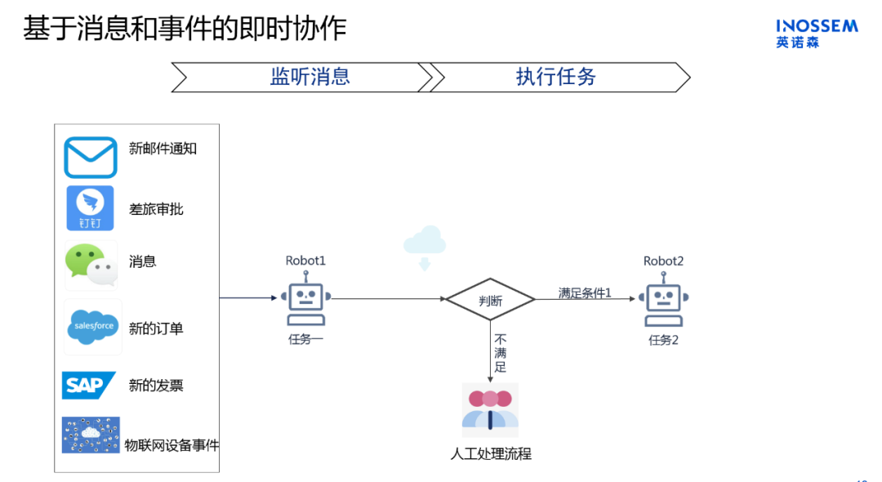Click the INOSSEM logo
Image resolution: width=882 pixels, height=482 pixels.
pyautogui.click(x=817, y=33)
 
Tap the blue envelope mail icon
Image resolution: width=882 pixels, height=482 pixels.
pyautogui.click(x=91, y=158)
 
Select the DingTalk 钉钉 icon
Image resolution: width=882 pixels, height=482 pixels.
pyautogui.click(x=90, y=208)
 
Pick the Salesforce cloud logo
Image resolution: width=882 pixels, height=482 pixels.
pyautogui.click(x=93, y=326)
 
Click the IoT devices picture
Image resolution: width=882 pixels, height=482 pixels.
pyautogui.click(x=91, y=435)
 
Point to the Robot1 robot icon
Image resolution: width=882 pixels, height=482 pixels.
pyautogui.click(x=305, y=301)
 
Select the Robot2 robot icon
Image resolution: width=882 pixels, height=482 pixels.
pyautogui.click(x=663, y=301)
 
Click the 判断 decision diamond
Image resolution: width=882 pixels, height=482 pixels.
pyautogui.click(x=490, y=300)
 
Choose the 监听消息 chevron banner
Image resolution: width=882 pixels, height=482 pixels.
pyautogui.click(x=302, y=78)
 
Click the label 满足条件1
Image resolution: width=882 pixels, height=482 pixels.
pyautogui.click(x=585, y=292)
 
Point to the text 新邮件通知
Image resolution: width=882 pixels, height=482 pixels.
pyautogui.click(x=163, y=149)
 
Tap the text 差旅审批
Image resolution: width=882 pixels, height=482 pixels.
pyautogui.click(x=156, y=209)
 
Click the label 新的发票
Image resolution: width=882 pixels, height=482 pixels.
pyautogui.click(x=156, y=386)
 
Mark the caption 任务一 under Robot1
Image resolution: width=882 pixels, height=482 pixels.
pyautogui.click(x=305, y=339)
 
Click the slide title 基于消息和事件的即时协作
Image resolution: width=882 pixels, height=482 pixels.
pyautogui.click(x=185, y=28)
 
